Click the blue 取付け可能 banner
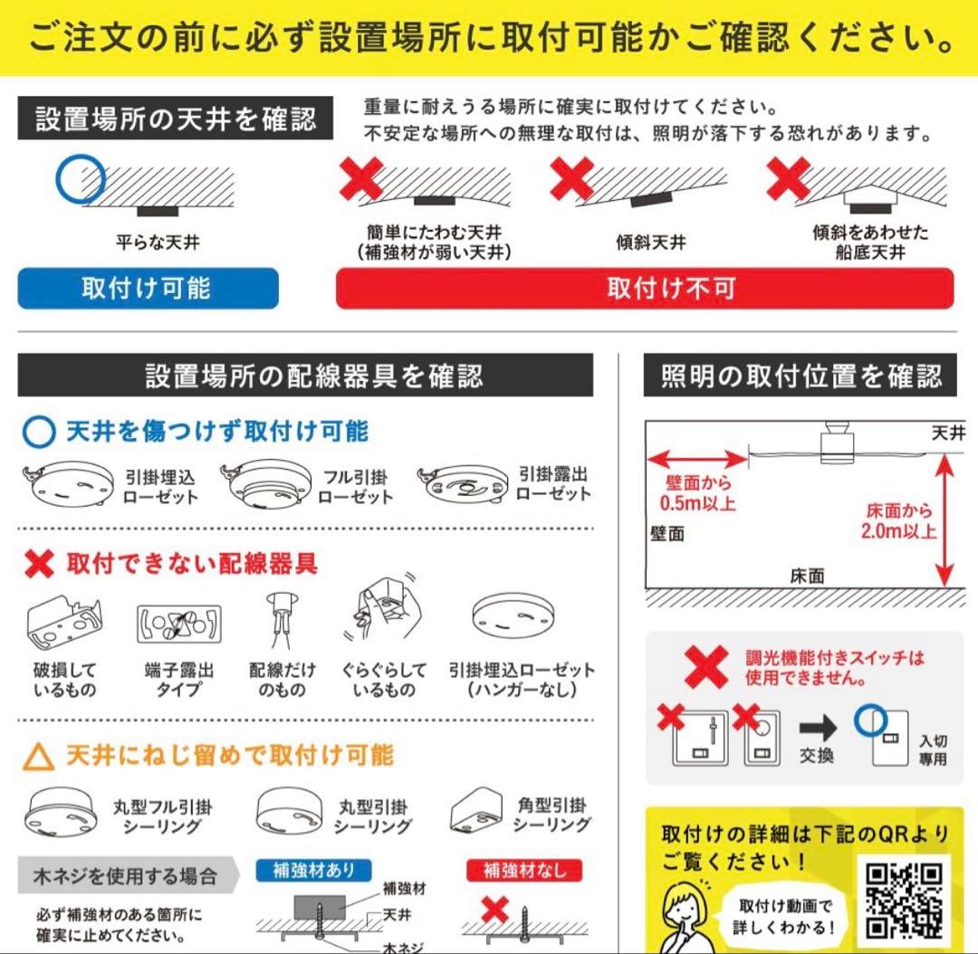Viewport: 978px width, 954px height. click(148, 289)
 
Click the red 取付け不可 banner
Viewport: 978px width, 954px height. click(644, 289)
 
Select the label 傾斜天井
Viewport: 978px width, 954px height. click(650, 243)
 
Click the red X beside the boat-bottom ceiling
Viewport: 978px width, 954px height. click(787, 177)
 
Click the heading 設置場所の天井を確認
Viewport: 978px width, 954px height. click(176, 119)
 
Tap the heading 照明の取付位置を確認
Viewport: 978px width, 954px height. click(801, 376)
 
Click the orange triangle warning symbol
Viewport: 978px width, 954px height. click(38, 756)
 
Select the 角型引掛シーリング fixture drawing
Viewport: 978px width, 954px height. click(476, 814)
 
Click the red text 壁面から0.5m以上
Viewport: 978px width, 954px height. click(699, 493)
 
